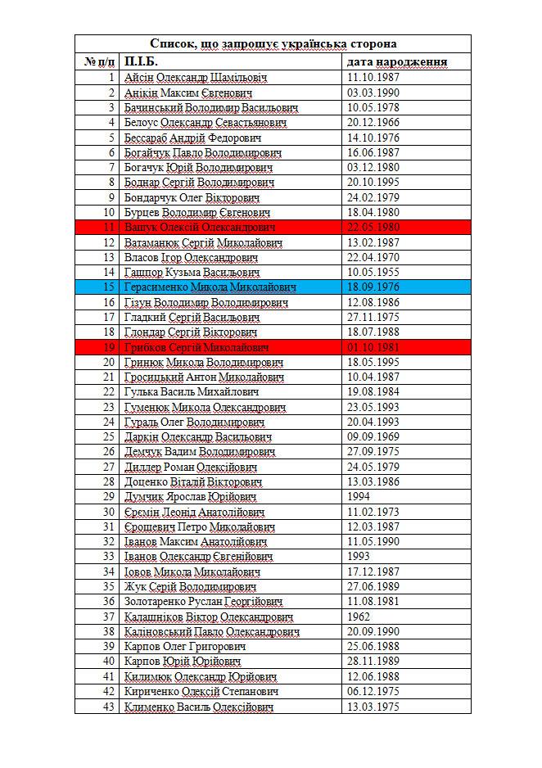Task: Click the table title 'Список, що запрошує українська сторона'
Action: [273, 43]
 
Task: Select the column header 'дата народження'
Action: [396, 62]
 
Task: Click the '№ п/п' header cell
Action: [97, 62]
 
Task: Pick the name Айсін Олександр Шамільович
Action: [196, 78]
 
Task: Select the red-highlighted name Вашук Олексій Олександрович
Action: [199, 228]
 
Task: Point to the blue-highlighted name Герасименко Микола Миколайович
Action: [210, 287]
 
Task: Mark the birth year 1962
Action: [359, 617]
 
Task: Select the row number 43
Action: [109, 707]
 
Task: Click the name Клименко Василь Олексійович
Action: [198, 707]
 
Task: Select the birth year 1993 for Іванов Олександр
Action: [359, 557]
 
